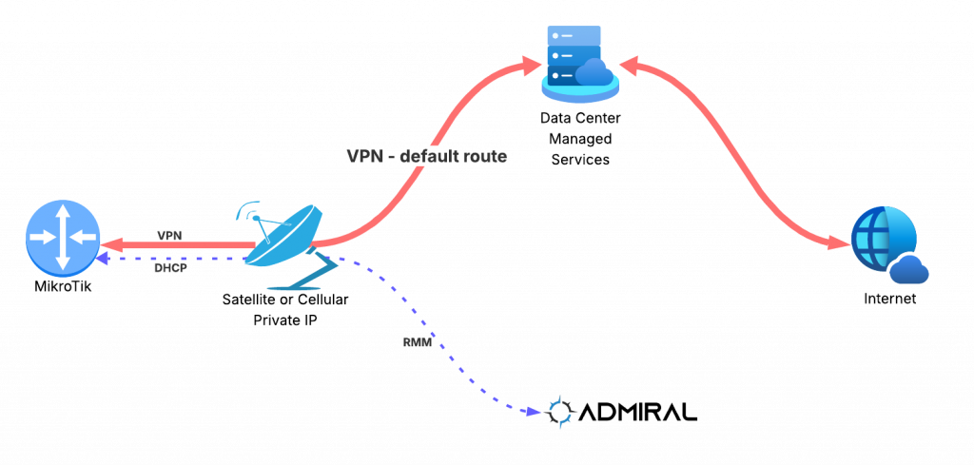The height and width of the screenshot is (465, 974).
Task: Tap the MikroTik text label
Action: point(61,287)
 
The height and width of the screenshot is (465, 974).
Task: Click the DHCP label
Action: point(168,267)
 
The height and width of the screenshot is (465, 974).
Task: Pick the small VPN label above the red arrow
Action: point(169,235)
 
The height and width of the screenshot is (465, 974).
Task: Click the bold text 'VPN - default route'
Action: point(427,156)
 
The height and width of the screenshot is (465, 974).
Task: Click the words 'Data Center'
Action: point(580,117)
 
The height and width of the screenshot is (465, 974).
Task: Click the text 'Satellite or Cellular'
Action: point(285,300)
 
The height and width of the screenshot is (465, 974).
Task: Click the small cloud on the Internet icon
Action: point(909,269)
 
